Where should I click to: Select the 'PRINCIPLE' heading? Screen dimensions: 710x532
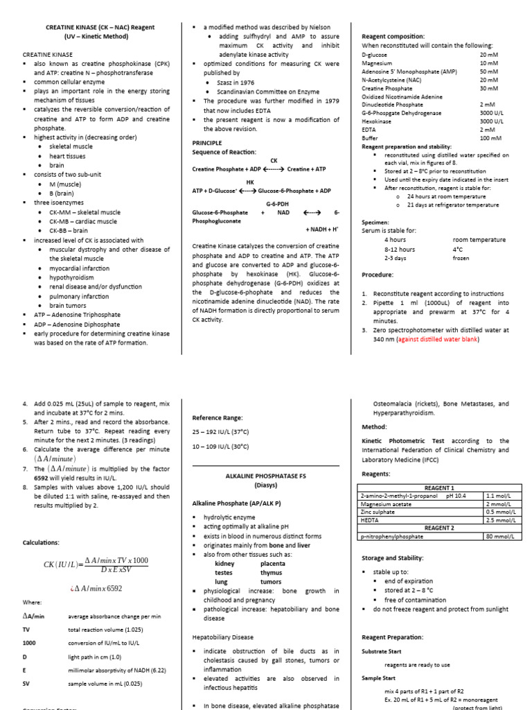(207, 142)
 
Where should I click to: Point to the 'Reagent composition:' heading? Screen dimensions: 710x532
(393, 36)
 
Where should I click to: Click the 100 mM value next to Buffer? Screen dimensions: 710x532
(490, 138)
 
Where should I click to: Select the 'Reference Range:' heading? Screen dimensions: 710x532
(218, 418)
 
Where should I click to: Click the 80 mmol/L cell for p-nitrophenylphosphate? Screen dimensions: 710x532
(499, 536)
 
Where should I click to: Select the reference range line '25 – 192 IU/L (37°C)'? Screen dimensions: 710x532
(220, 431)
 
